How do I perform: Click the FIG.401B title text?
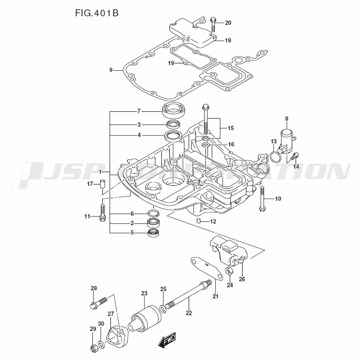97,13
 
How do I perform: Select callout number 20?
228,23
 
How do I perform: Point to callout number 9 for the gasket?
111,70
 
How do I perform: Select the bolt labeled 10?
262,200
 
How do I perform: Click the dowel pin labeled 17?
102,184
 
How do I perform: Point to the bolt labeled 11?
102,212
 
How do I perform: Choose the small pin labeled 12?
199,221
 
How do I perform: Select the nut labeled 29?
93,348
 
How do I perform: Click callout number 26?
242,279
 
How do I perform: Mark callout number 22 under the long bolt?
189,313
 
